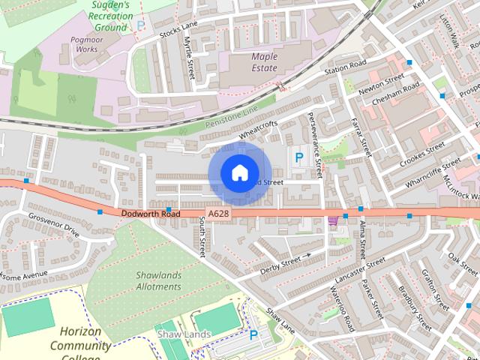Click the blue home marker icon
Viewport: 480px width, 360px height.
tap(238, 173)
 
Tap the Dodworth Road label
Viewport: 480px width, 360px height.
tap(151, 214)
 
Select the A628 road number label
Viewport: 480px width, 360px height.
tap(218, 214)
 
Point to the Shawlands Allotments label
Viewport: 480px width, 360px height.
tap(158, 280)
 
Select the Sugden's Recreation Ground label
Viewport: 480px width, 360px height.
tap(109, 15)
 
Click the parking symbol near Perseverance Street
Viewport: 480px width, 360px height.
tap(299, 158)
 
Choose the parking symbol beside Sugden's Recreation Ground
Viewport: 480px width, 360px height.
tap(140, 25)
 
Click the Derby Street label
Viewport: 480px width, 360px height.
tap(280, 265)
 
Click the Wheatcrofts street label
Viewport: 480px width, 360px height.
tap(258, 130)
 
